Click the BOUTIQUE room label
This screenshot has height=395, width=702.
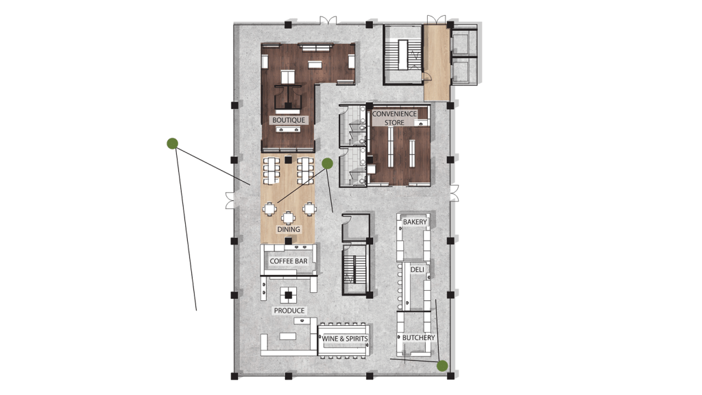click(289, 120)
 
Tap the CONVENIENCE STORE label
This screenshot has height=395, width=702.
click(394, 118)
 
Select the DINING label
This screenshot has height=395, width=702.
click(289, 229)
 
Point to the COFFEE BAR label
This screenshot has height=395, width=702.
click(289, 261)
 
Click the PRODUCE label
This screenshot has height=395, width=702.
click(289, 311)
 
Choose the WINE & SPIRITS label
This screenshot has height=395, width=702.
click(345, 339)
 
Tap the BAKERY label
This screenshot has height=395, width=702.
click(415, 222)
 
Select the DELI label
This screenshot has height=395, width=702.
click(417, 270)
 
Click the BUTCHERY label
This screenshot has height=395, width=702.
click(419, 337)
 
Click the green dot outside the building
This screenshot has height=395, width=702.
click(172, 143)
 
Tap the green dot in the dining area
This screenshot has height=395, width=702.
click(327, 163)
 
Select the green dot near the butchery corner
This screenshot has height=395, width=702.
click(442, 366)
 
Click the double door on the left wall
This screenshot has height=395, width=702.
click(230, 200)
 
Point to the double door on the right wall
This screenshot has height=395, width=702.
click(454, 193)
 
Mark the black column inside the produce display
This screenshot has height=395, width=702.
click(289, 295)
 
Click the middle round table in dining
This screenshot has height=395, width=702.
click(289, 217)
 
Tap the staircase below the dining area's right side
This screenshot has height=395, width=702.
click(355, 270)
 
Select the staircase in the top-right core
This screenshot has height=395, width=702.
click(403, 55)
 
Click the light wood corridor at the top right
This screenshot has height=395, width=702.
click(437, 62)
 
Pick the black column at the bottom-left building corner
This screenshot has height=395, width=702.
click(234, 376)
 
